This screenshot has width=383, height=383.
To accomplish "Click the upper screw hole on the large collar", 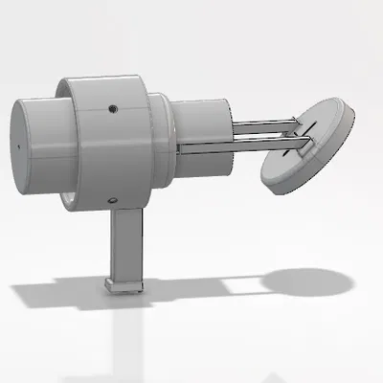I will (112, 108).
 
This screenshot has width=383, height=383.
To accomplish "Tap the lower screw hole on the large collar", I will (112, 200).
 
